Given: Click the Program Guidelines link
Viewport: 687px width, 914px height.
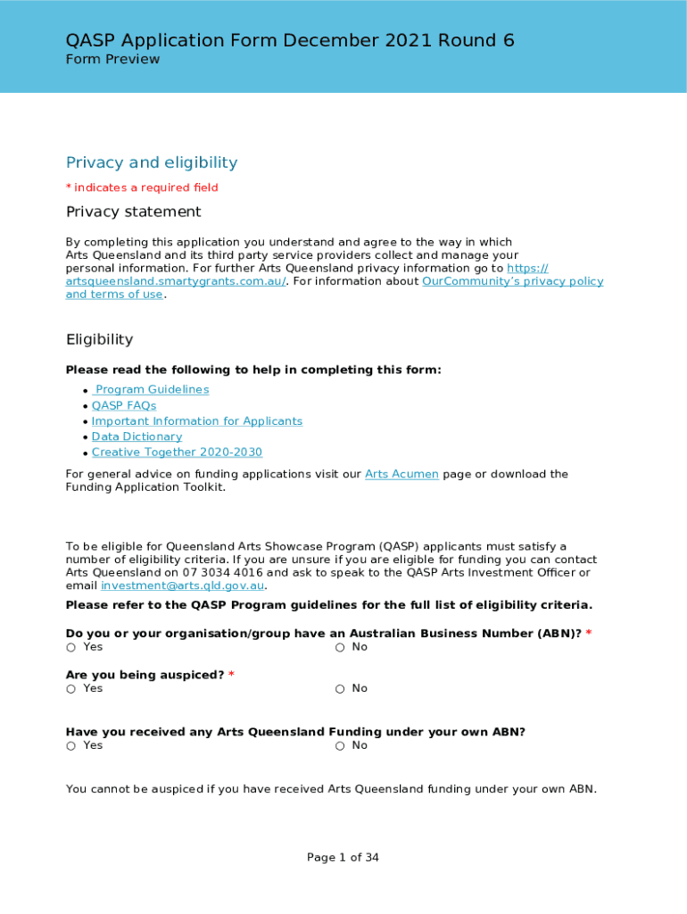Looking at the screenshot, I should (x=152, y=390).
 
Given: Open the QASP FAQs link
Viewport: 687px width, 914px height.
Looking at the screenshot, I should (x=124, y=406).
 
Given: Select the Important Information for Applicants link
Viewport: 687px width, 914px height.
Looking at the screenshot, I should (x=197, y=421).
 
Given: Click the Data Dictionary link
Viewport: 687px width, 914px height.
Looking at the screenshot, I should (x=137, y=437).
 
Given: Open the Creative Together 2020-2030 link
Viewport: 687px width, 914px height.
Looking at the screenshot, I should (x=177, y=453).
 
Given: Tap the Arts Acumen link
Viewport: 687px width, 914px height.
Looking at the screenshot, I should (x=401, y=475).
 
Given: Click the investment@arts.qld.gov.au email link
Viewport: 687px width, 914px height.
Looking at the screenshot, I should (x=183, y=586).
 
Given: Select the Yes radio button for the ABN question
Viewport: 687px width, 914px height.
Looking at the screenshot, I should (x=70, y=648).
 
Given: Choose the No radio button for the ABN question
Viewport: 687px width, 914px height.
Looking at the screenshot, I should (x=340, y=648).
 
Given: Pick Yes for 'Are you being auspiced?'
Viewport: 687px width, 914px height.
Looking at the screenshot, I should (x=70, y=689).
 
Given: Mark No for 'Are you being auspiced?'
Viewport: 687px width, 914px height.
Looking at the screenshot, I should (x=340, y=689).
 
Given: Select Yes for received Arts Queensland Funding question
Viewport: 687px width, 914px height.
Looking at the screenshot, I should (x=70, y=746).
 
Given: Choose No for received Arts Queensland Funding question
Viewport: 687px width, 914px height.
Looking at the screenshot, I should (x=340, y=746).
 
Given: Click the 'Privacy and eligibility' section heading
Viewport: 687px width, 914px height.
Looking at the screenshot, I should (x=152, y=162).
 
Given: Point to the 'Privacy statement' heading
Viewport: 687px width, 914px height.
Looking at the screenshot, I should (x=134, y=212).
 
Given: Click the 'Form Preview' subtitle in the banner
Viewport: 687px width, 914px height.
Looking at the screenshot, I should (x=112, y=60).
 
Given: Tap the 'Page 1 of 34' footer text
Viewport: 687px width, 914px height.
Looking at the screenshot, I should (x=343, y=858).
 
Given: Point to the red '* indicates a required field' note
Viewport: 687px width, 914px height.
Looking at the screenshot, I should (x=142, y=187).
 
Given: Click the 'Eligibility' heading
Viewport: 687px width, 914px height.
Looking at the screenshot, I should (x=99, y=340).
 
